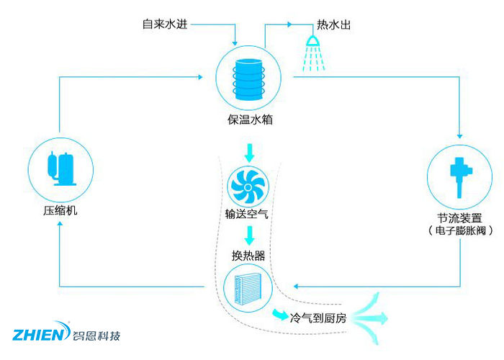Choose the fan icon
247,186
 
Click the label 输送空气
247,215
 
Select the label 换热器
248,255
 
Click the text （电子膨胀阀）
459,231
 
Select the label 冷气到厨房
318,317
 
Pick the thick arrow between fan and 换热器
249,235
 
